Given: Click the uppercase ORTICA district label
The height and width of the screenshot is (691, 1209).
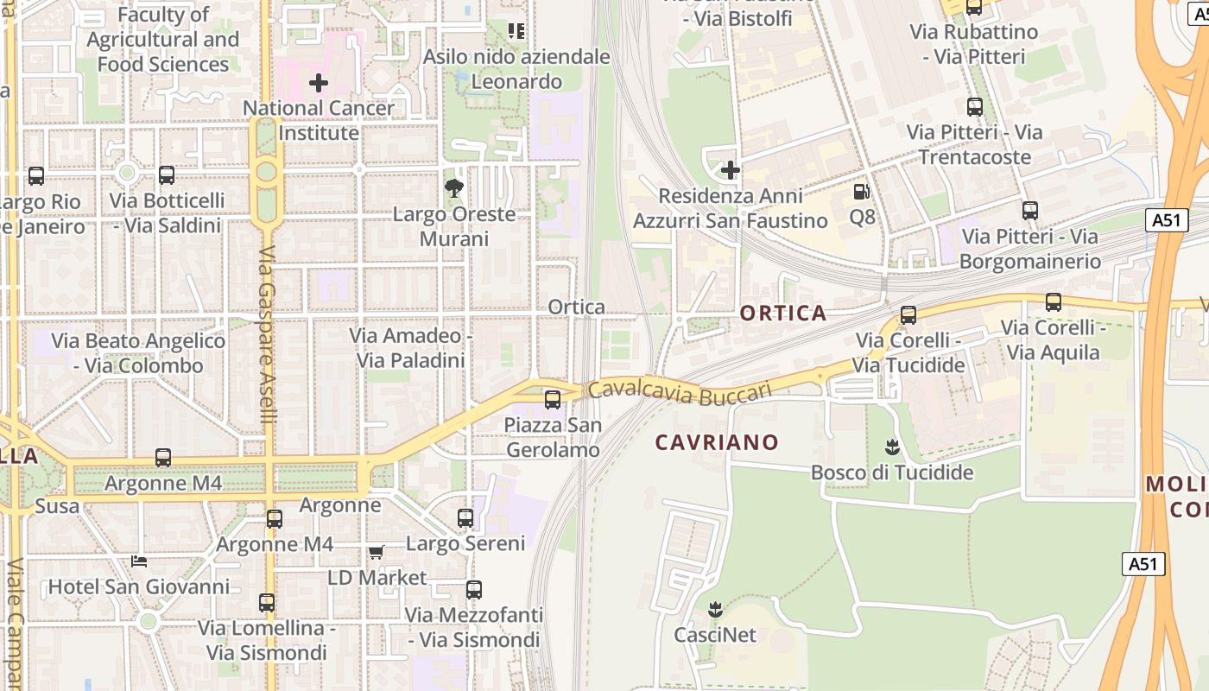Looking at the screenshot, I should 783,313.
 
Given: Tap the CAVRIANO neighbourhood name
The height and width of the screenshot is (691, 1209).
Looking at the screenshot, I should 717,442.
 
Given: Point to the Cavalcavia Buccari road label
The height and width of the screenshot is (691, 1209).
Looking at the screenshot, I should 680,391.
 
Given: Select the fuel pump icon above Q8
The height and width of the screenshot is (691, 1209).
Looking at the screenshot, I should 861,192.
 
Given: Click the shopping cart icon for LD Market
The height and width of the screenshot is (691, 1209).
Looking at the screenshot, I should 376,552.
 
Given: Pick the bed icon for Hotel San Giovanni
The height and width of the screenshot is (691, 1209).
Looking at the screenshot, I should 138,561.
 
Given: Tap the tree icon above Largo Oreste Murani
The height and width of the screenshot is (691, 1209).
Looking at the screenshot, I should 453,188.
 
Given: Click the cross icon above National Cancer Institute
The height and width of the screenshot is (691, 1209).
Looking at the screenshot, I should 319,83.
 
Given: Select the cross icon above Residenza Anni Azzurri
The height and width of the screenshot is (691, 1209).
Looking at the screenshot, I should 731,170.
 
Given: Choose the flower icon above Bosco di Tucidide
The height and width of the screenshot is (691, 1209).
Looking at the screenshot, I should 892,447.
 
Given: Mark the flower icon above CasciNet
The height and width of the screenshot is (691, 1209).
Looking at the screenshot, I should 715,610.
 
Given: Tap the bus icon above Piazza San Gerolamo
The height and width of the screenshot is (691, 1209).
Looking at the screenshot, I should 553,400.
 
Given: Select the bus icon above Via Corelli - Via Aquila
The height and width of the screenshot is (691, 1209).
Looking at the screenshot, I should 1054,302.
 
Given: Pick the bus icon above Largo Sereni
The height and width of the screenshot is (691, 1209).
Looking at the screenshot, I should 465,518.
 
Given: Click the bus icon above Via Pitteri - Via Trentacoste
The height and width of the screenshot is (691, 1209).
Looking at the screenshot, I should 975,107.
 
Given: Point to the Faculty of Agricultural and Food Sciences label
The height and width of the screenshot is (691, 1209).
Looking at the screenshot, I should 163,40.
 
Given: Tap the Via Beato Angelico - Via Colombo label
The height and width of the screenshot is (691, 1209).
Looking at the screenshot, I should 138,353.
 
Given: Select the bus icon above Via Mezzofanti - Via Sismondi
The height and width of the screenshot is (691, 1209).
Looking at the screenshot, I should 474,590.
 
